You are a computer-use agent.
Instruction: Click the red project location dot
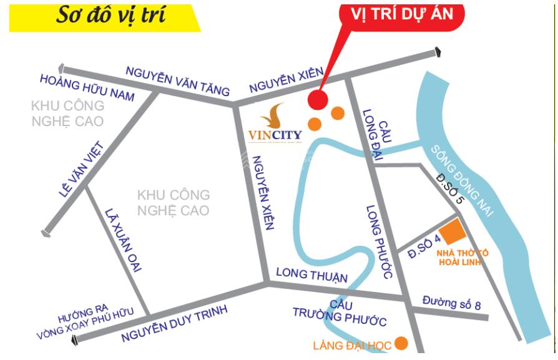[x=319, y=99]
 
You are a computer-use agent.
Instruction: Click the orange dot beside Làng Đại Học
[x=401, y=343]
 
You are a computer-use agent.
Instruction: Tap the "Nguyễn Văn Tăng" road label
[x=177, y=80]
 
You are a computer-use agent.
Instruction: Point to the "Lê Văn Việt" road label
[x=81, y=170]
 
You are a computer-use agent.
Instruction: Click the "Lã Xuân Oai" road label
[x=124, y=240]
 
